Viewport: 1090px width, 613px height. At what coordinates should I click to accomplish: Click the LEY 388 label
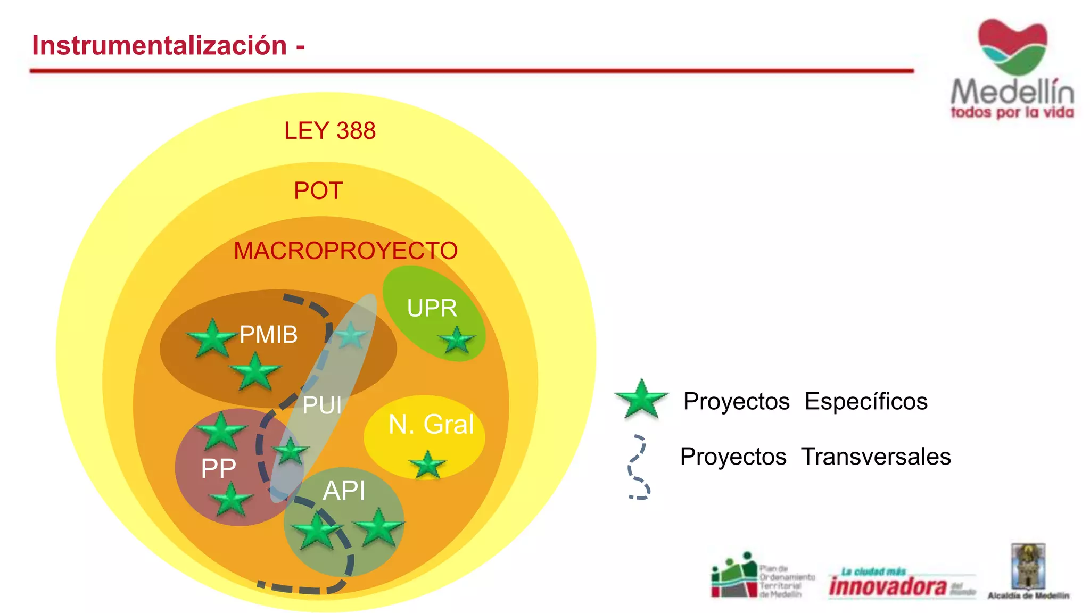(x=330, y=131)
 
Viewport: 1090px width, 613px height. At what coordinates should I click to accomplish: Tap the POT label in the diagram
(x=318, y=190)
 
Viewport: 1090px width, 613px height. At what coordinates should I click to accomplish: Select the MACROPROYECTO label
(x=345, y=251)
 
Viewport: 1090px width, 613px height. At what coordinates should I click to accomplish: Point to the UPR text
(x=432, y=308)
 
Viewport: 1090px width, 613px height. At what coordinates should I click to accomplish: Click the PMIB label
(x=268, y=335)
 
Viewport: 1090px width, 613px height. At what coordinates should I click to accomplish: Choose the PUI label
(x=322, y=405)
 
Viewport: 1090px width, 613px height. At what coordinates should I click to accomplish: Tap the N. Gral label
(x=431, y=425)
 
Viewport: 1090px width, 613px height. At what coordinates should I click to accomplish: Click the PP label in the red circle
(x=218, y=469)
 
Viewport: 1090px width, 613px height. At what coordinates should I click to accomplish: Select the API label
(x=344, y=490)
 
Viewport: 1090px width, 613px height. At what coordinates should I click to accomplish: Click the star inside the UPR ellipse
(x=457, y=341)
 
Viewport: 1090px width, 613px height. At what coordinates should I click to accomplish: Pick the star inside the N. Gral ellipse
(x=427, y=465)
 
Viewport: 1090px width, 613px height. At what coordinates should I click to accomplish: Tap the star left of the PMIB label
(x=212, y=338)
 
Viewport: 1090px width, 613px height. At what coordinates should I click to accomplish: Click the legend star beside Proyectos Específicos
(x=641, y=399)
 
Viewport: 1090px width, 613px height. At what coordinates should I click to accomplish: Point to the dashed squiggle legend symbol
(x=638, y=467)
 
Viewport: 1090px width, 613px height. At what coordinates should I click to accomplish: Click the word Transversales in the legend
(x=876, y=457)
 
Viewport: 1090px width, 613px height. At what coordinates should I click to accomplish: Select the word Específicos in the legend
(x=866, y=401)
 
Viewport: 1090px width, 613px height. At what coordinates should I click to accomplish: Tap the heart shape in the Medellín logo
(x=1012, y=46)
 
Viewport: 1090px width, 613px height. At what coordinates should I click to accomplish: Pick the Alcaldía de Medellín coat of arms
(x=1028, y=566)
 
